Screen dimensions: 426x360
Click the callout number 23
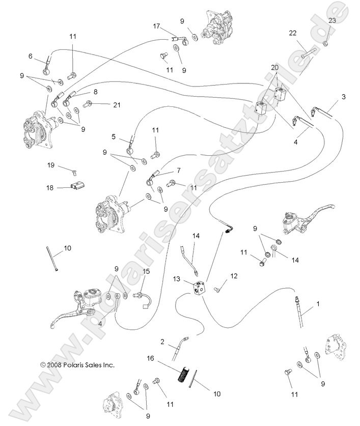(332, 20)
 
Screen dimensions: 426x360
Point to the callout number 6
(30, 56)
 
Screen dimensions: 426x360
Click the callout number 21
(117, 105)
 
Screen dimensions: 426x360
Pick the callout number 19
(51, 165)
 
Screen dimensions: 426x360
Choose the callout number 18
(50, 187)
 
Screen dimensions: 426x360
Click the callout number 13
(177, 279)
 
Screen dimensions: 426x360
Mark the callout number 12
(234, 276)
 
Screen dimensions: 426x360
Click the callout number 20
(274, 67)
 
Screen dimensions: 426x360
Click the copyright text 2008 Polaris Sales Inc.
(77, 365)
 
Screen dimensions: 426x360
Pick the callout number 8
(95, 92)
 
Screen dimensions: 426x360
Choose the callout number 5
(114, 136)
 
